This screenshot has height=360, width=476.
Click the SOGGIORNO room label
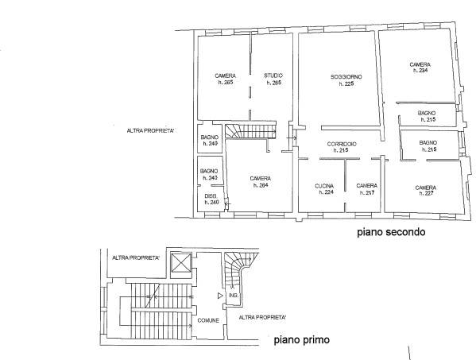coord(346,77)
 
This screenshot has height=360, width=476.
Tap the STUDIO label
coord(273,75)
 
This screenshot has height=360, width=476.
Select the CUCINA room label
coord(324,186)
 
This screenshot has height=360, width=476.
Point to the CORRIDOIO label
coord(342,144)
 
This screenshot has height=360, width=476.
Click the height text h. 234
coord(420,71)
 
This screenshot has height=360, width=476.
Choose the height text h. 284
coord(261,185)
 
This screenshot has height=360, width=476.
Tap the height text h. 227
coord(426,193)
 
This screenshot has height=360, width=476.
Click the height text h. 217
coord(367,192)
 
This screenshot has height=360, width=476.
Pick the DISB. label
coord(211,196)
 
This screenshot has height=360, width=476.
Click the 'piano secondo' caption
coord(391,232)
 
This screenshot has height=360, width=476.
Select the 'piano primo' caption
coord(302,339)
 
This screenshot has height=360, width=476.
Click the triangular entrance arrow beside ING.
coord(220,296)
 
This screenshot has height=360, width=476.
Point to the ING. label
coord(234,296)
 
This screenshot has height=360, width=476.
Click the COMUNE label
coord(208,320)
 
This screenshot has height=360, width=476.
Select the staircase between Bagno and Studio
coord(251,131)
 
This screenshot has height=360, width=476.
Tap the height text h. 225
coord(346,83)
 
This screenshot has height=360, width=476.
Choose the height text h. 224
coord(326,192)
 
